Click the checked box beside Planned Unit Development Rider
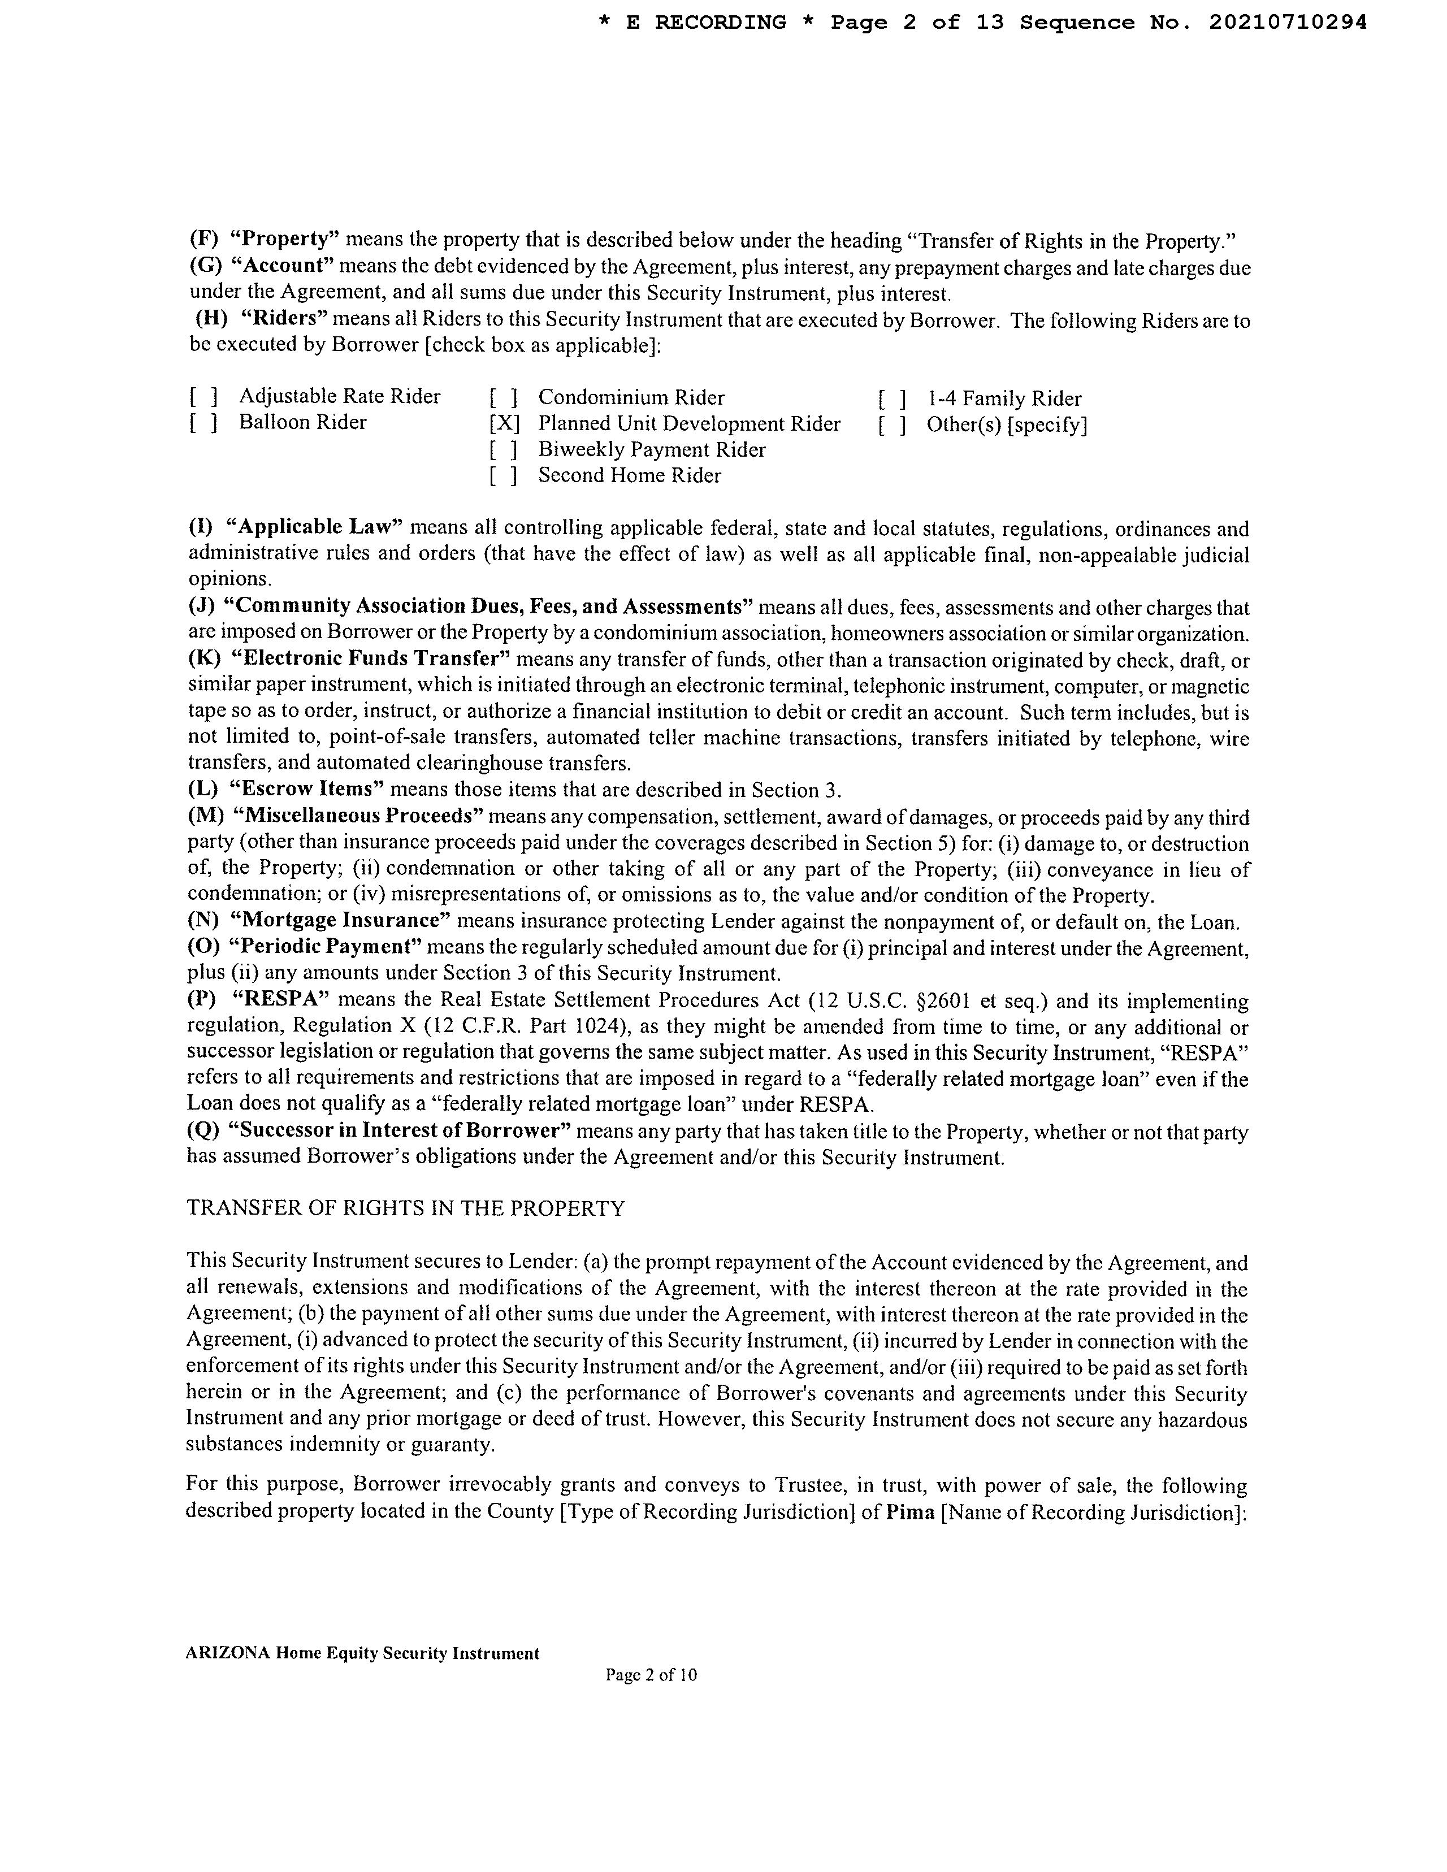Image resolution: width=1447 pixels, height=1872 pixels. tap(505, 423)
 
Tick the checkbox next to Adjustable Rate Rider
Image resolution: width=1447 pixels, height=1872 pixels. tap(203, 397)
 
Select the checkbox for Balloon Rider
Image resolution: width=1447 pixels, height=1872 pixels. tap(203, 423)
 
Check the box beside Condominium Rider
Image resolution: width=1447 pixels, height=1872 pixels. tap(504, 398)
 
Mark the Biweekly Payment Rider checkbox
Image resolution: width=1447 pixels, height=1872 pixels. tap(504, 450)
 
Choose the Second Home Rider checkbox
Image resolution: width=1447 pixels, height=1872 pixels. tap(504, 476)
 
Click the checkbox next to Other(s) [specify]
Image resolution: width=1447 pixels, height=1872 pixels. tap(891, 425)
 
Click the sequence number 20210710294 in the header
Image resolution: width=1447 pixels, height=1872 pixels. tap(1288, 23)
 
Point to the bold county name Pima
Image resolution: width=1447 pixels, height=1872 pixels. tap(909, 1511)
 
